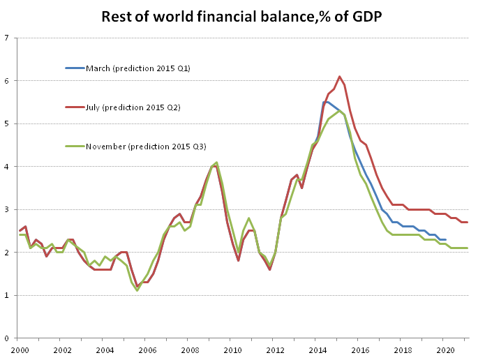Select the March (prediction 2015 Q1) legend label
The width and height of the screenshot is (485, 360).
pyautogui.click(x=138, y=68)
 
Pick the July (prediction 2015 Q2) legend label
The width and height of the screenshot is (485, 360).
pyautogui.click(x=133, y=107)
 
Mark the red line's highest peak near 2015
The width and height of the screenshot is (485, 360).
pyautogui.click(x=339, y=77)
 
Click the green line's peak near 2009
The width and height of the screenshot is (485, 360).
pyautogui.click(x=217, y=163)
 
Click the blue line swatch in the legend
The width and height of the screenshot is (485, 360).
pyautogui.click(x=75, y=68)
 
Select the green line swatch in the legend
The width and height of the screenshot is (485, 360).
pyautogui.click(x=75, y=147)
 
